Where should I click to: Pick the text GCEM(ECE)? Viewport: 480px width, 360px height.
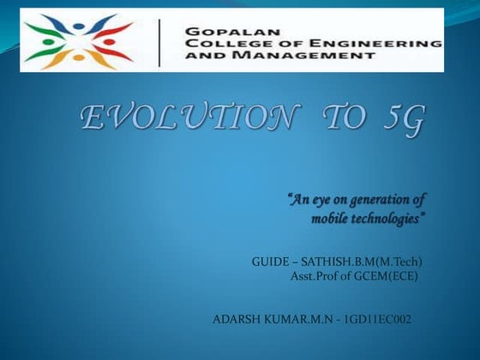[384, 276]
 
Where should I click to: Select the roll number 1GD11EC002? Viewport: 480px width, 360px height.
[377, 320]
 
